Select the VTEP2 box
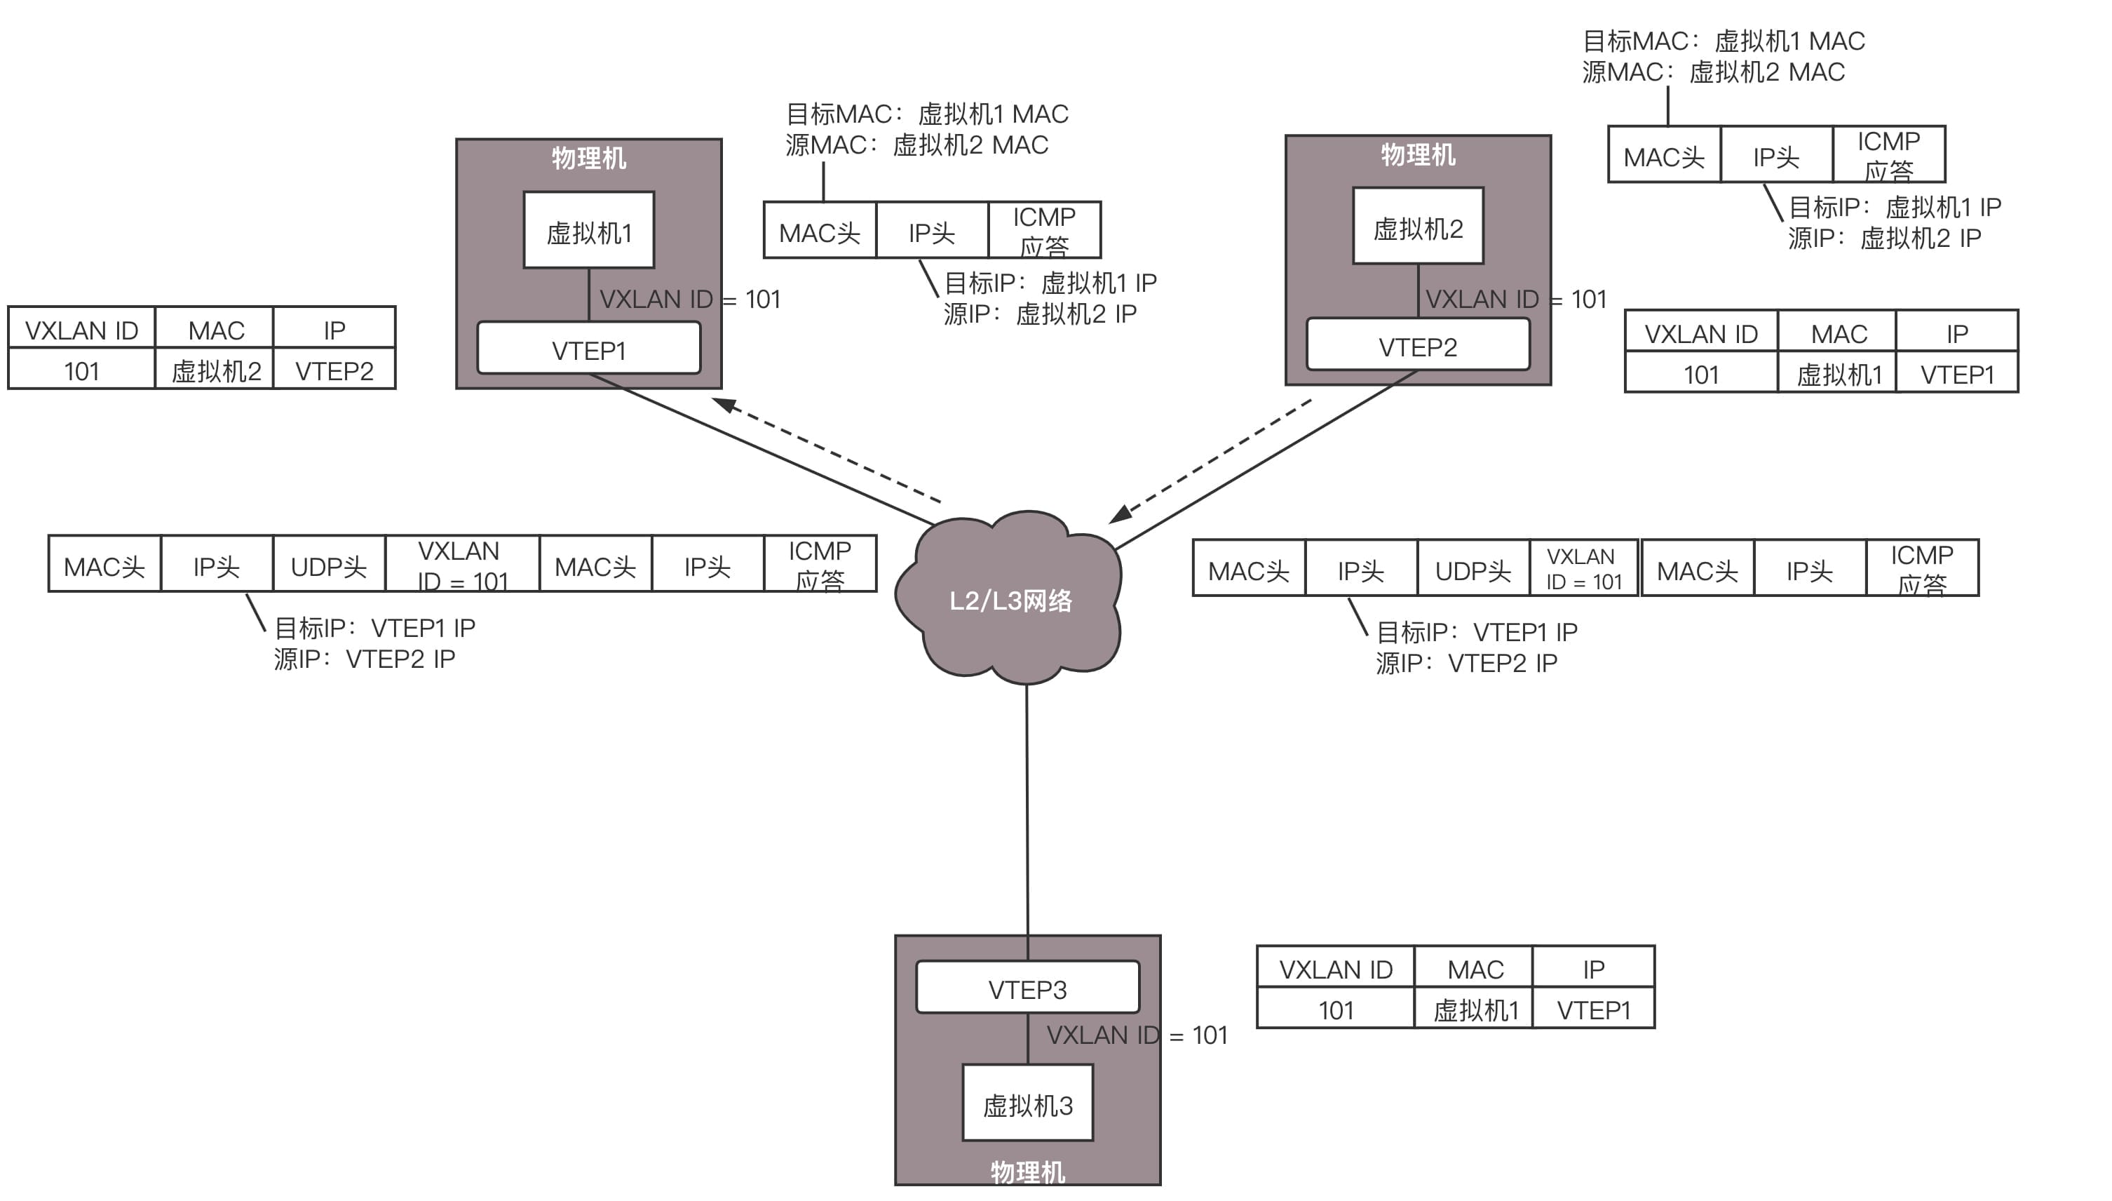(x=1417, y=346)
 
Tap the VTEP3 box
(x=1027, y=988)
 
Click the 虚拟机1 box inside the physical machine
(x=588, y=231)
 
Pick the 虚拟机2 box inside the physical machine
(x=1417, y=227)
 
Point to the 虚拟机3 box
(x=1027, y=1103)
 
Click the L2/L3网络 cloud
(x=1010, y=600)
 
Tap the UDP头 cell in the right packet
(x=1473, y=569)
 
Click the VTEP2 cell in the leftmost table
(x=334, y=370)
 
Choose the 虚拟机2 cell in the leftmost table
(x=215, y=370)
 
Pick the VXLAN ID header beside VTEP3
(x=1336, y=968)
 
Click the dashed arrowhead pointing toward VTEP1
(x=724, y=405)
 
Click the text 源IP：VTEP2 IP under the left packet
(x=365, y=659)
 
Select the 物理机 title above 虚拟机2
(x=1417, y=154)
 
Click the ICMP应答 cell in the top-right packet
(x=1888, y=155)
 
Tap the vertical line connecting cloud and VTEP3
(x=1027, y=808)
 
